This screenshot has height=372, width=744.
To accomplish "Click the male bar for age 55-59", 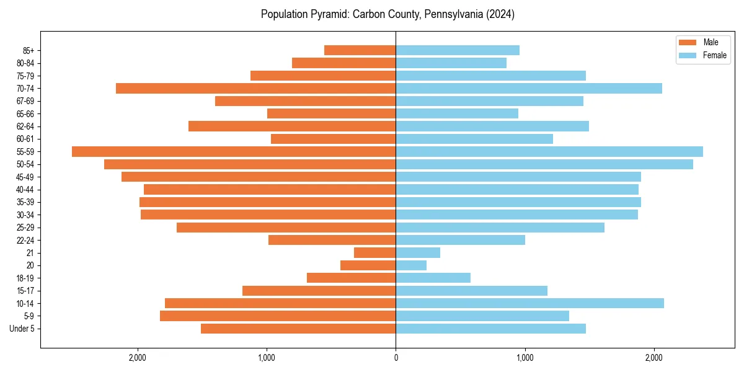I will click(234, 151).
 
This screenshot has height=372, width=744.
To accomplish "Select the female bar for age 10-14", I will click(529, 303).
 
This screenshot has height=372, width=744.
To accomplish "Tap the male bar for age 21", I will click(374, 252).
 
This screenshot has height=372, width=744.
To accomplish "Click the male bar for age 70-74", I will click(255, 88).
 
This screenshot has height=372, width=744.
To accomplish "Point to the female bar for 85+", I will click(458, 50).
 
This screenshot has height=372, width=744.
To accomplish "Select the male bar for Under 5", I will click(298, 329).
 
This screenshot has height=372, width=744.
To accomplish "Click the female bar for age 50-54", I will click(544, 164).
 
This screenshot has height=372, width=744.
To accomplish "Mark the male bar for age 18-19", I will click(351, 278).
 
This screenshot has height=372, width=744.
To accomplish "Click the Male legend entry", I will click(711, 42).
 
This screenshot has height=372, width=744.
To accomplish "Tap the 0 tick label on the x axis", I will click(396, 358).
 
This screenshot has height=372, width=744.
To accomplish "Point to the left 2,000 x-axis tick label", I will click(137, 358).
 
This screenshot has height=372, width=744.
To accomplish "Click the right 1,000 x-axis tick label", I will click(525, 358).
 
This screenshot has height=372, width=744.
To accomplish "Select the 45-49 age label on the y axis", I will click(25, 177).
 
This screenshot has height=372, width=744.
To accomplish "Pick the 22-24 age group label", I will click(25, 240).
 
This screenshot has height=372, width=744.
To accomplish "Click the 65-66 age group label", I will click(25, 113).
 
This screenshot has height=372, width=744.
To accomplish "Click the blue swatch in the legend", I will click(688, 55).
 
